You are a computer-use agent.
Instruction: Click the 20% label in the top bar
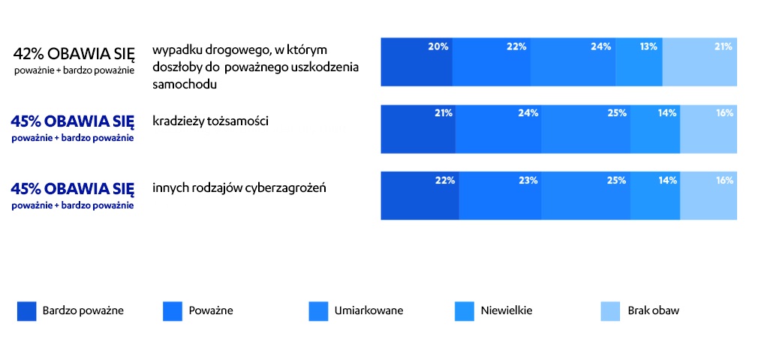(438, 46)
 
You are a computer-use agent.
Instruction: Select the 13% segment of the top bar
(639, 61)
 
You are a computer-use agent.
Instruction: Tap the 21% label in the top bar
(723, 46)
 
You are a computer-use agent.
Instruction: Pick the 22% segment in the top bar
(492, 61)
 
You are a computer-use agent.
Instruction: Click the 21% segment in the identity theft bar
(418, 129)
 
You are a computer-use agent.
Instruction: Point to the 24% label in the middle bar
(528, 113)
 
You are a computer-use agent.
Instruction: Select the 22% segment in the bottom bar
(420, 196)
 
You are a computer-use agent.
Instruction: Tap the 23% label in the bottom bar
(528, 180)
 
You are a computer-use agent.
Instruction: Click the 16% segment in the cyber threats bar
(708, 196)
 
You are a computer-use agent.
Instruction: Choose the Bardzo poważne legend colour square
(26, 310)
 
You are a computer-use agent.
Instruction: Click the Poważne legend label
(211, 310)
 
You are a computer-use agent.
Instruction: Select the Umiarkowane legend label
(368, 310)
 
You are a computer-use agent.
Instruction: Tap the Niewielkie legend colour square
(465, 310)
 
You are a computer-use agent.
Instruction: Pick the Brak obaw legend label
(653, 310)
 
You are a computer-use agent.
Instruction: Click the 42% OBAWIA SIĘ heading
(74, 54)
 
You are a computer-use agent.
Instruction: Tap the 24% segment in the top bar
(573, 61)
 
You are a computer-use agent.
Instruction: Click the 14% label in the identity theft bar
(667, 113)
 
